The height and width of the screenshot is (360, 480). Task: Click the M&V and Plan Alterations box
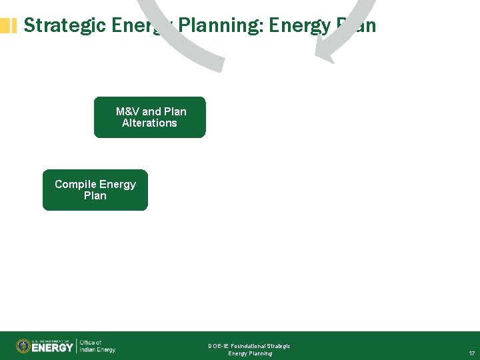tap(149, 117)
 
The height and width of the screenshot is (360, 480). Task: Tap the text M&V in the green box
tap(127, 111)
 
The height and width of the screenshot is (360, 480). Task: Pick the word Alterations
tap(149, 123)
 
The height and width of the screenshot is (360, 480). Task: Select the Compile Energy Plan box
tap(95, 190)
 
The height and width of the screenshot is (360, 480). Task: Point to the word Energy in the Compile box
tap(117, 184)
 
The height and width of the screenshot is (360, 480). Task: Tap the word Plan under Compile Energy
tap(95, 196)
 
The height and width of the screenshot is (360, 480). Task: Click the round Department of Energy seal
tap(23, 346)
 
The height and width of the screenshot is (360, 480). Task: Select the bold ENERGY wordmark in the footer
tap(53, 347)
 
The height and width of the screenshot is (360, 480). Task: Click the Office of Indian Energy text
tap(97, 346)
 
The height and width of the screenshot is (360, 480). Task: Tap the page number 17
tap(471, 353)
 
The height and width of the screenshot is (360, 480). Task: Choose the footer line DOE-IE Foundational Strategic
tap(249, 346)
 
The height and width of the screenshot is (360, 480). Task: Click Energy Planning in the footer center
tap(250, 353)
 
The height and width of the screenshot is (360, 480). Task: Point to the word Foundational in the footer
tap(247, 346)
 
